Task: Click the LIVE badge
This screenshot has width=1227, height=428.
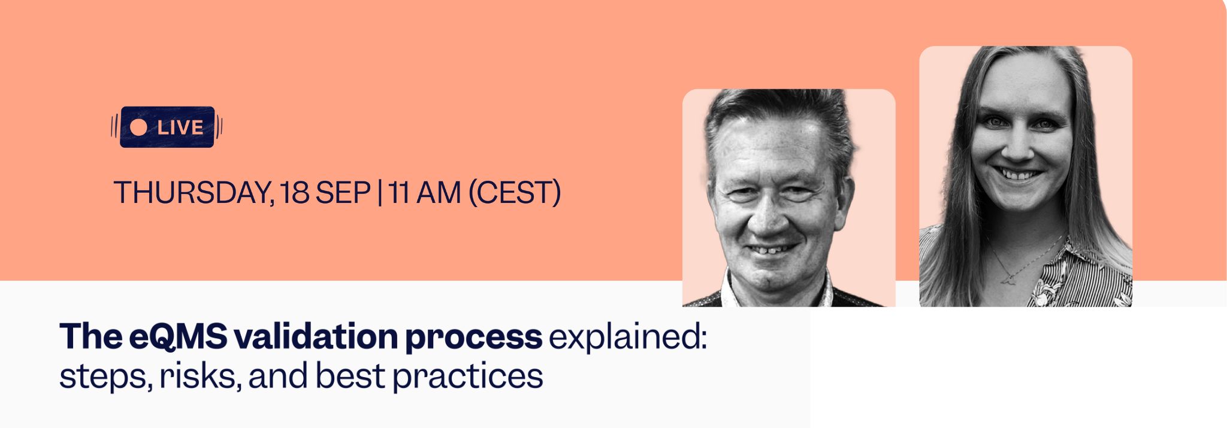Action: (x=167, y=127)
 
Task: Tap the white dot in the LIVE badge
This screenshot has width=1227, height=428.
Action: (x=139, y=127)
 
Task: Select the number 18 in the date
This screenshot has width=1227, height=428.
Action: (x=294, y=193)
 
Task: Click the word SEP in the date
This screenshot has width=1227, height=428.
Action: (x=343, y=193)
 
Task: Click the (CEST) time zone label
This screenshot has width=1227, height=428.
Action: (x=514, y=193)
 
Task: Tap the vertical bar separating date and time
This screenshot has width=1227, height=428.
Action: (x=380, y=193)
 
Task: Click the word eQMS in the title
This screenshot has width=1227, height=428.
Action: (x=178, y=336)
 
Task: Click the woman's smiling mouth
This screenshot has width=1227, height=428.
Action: (x=1021, y=175)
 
